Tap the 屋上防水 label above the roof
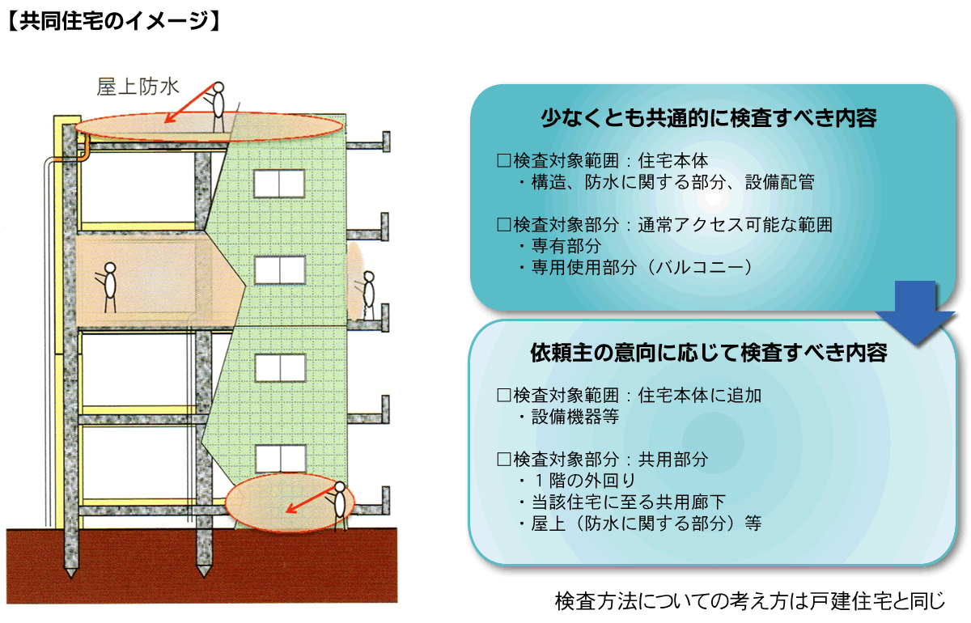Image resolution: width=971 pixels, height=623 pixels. click(x=137, y=87)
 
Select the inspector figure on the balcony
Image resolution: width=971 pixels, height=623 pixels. click(x=369, y=295)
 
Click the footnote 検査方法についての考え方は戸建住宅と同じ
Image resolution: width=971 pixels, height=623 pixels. click(x=749, y=602)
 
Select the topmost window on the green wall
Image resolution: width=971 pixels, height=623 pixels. click(x=279, y=184)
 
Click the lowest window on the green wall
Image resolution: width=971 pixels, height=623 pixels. click(x=279, y=459)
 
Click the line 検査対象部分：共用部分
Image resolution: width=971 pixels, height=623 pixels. click(x=603, y=460)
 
